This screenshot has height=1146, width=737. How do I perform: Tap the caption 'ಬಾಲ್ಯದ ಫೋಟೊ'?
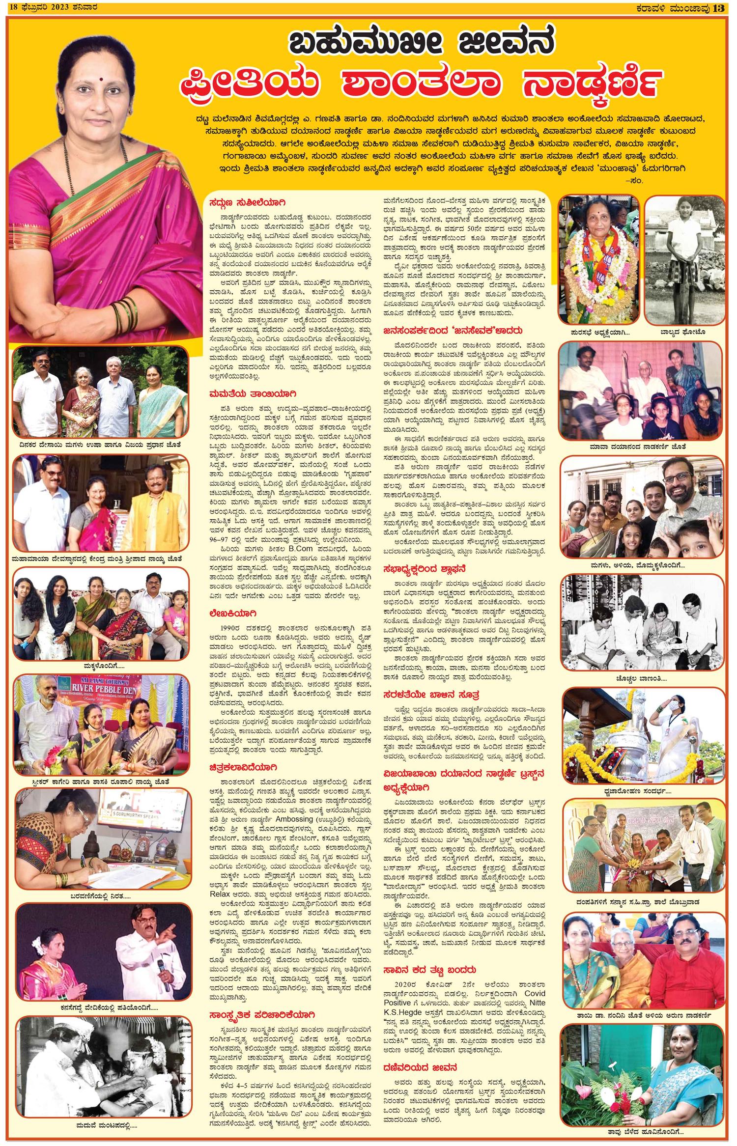click(x=685, y=333)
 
